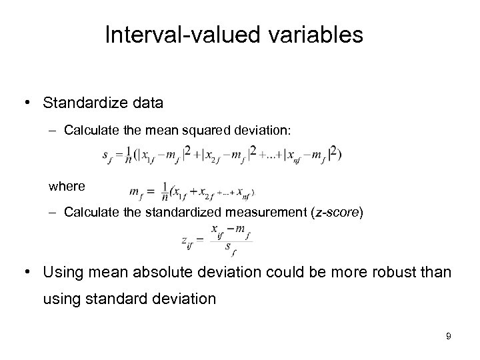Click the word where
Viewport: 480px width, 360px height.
tap(67, 187)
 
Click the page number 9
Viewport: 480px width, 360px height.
tap(449, 336)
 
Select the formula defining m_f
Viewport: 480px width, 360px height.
tap(192, 192)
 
